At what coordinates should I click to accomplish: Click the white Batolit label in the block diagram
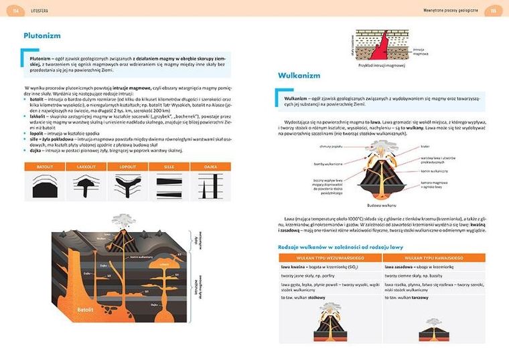pyautogui.click(x=84, y=310)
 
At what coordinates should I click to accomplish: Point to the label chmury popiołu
pyautogui.click(x=332, y=145)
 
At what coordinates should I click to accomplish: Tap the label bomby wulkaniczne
pyautogui.click(x=331, y=163)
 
